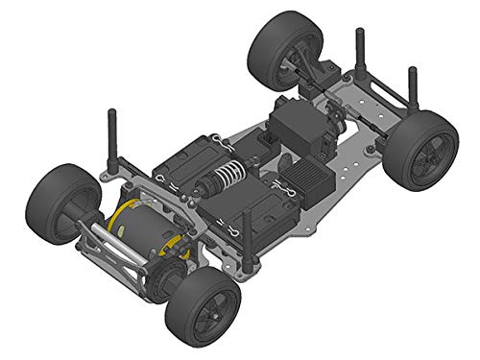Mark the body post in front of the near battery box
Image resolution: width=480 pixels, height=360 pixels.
pos(247,235)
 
